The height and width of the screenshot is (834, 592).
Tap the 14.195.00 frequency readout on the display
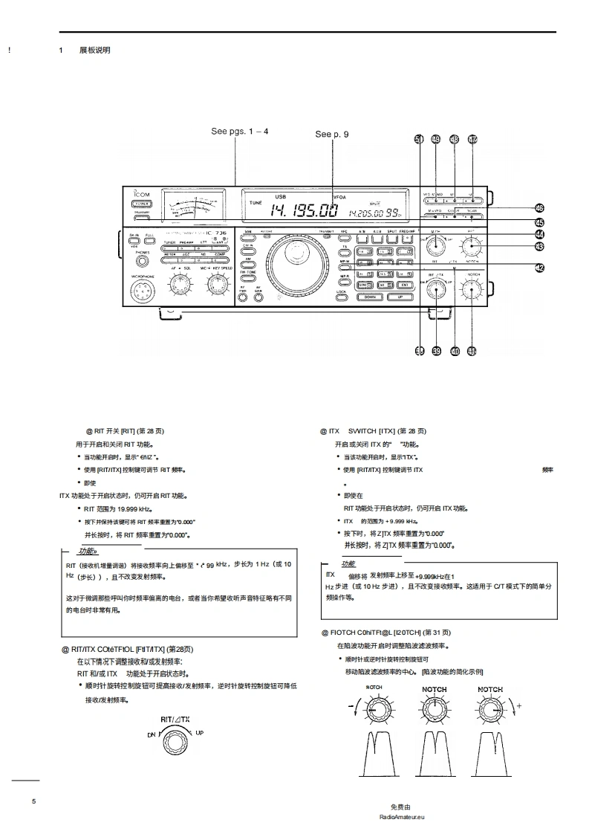[x=303, y=210]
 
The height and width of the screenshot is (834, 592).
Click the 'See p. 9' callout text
[x=331, y=135]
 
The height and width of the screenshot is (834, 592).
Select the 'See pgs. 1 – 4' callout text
[x=239, y=131]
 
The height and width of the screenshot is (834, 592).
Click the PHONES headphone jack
[x=141, y=260]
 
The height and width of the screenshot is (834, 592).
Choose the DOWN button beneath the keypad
[x=371, y=296]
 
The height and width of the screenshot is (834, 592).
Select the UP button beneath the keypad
[x=400, y=296]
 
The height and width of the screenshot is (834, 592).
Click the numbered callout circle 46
[x=540, y=208]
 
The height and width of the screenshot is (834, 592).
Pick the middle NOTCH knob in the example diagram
[x=435, y=709]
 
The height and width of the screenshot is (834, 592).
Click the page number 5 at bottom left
[x=33, y=801]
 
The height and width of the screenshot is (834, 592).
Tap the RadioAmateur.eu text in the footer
[x=400, y=816]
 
